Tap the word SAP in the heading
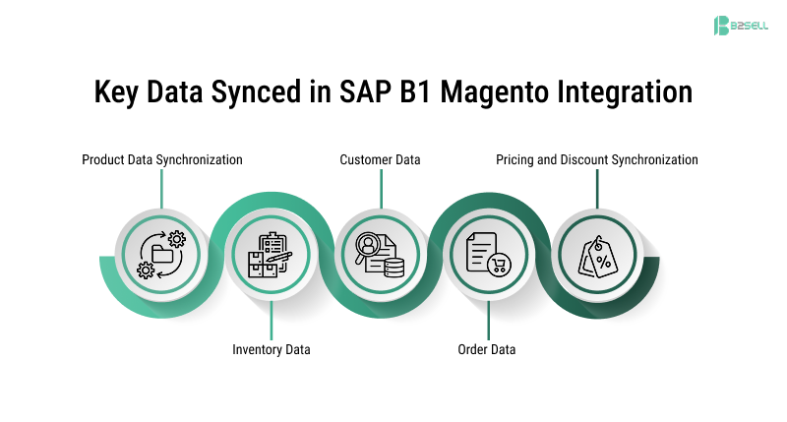(x=360, y=92)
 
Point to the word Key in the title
(x=119, y=92)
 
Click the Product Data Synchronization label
(x=162, y=159)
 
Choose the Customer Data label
(x=381, y=159)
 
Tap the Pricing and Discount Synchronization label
(x=597, y=159)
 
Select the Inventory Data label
(x=272, y=349)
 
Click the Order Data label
(x=487, y=349)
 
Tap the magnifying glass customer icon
(x=380, y=254)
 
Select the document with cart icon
(x=488, y=254)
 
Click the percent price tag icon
(x=596, y=254)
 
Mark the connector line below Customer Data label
(x=381, y=188)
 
